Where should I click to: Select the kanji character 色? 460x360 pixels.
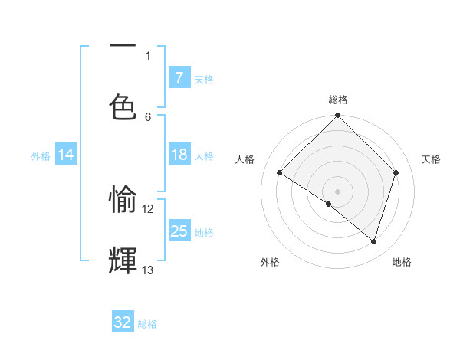[x=123, y=108]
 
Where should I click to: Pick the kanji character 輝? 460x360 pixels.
[x=123, y=261]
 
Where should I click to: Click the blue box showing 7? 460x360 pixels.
[x=179, y=77]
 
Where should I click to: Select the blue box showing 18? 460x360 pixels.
[x=179, y=155]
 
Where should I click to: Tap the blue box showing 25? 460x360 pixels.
[x=179, y=231]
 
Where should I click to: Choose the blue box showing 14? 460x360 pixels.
[x=66, y=155]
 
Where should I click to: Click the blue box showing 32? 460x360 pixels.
[x=123, y=322]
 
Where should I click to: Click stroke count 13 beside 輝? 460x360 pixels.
[x=148, y=270]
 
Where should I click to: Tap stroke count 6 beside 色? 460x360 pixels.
[x=148, y=116]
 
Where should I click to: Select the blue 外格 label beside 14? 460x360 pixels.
[x=41, y=155]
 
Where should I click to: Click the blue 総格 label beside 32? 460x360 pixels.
[x=147, y=324]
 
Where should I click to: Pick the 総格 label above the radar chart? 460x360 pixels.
[x=338, y=100]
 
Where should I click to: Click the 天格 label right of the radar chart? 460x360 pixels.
[x=431, y=159]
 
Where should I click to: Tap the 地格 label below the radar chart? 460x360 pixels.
[x=402, y=263]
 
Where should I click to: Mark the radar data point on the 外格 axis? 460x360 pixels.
[x=329, y=204]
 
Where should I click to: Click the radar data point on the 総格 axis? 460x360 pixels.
[x=338, y=116]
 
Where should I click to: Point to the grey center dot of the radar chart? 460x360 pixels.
[x=338, y=191]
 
